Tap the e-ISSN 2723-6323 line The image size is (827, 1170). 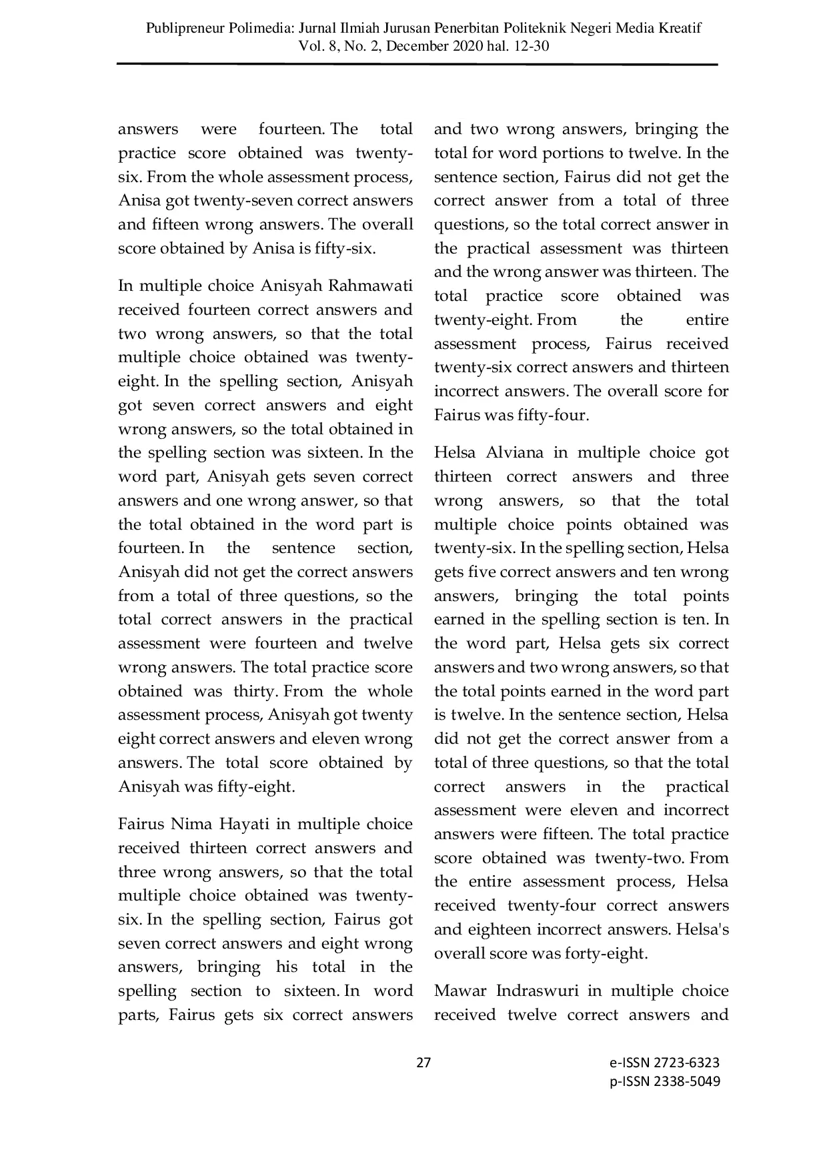point(664,1063)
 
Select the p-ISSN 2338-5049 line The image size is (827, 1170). point(664,1081)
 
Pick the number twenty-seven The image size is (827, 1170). point(243,201)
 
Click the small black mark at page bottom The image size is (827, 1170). point(424,1064)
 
